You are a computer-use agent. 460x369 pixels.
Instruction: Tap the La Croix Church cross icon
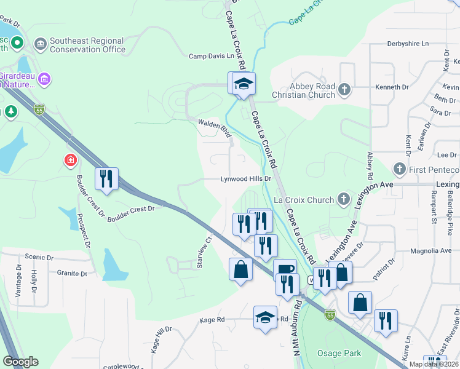coord(344,199)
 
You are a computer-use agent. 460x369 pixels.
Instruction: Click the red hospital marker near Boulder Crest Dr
coord(71,161)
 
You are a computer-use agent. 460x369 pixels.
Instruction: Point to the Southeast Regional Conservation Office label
coord(87,45)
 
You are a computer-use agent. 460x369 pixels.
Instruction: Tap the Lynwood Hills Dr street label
coord(246,179)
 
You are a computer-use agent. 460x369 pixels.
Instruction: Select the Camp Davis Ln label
coord(212,56)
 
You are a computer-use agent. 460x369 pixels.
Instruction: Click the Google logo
coord(20,362)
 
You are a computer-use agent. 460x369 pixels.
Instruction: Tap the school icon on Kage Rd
coord(265,317)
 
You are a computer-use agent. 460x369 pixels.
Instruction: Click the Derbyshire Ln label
coord(407,44)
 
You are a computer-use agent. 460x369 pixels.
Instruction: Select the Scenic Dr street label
coord(39,257)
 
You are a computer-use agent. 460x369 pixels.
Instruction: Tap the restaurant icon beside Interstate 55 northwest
coord(106,178)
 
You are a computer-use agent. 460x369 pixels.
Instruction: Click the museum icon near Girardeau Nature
coord(44,79)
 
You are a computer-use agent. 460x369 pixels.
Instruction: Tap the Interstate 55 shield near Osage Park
coord(330,314)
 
